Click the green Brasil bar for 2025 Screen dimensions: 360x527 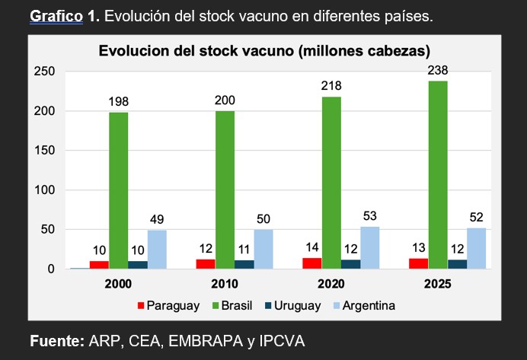tap(438, 175)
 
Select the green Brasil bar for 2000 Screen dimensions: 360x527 tap(118, 190)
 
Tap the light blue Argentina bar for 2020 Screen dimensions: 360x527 tap(370, 248)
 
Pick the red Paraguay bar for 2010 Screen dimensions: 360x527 tap(205, 264)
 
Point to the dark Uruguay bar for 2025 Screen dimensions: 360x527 tap(457, 264)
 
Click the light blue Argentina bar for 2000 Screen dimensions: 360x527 tap(157, 250)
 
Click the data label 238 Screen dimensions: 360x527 tap(438, 71)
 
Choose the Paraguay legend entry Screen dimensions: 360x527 tap(168, 306)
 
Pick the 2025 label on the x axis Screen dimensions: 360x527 tap(438, 284)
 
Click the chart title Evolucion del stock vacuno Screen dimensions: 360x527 tap(264, 52)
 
